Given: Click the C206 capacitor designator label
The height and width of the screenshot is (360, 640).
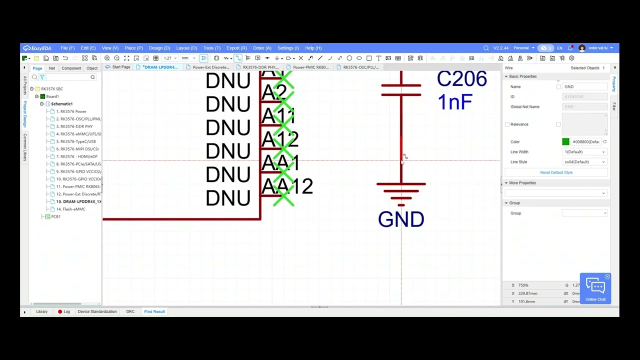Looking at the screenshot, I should pos(461,79).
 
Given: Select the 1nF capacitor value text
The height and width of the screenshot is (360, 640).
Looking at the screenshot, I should pos(454,102).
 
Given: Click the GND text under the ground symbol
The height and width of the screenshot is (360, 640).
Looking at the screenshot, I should pos(401,219).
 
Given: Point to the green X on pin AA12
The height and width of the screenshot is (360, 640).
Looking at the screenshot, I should pos(283,198).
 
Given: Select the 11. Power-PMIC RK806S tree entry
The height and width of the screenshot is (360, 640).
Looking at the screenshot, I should pos(78,186).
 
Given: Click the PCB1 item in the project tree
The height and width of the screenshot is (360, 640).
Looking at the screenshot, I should pos(55,216).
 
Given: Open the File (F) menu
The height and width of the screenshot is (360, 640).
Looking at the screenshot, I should pos(67,48).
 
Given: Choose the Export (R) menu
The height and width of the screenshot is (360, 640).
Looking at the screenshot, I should pos(236,48).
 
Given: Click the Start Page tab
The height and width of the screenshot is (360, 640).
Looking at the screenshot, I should pos(120,67).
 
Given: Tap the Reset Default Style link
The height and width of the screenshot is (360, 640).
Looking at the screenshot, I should pos(556,172).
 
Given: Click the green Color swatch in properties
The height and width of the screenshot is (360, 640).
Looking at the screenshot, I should pos(565,142).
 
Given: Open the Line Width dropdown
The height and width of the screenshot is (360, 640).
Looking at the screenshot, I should pos(584,152).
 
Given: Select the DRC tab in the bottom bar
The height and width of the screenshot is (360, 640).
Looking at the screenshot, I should pos(130,311).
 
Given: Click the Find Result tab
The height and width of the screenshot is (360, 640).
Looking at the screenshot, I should pos(154,311).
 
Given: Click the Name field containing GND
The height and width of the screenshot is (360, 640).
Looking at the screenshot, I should pos(584,87).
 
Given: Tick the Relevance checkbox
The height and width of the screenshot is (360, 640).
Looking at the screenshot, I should pos(507,124).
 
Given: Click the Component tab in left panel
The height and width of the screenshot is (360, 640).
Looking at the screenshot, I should pos(71,68).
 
